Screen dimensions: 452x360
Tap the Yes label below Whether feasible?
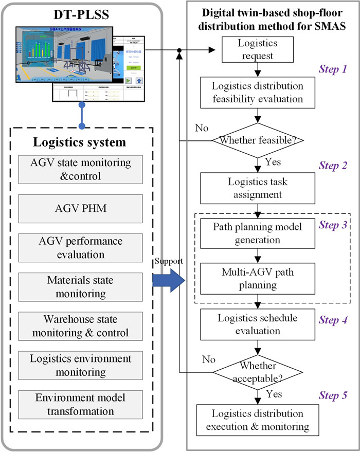273,161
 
